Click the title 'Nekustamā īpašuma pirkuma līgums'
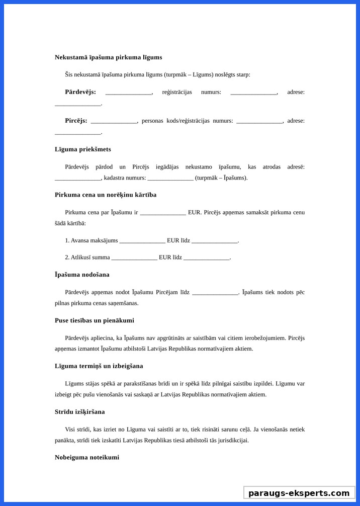108,57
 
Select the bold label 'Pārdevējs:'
80,92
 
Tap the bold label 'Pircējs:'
76,121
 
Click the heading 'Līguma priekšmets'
83,149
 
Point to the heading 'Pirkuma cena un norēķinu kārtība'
106,195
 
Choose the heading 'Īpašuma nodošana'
82,275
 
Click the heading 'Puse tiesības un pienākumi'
95,320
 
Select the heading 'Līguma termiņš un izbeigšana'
99,366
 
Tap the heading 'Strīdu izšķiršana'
80,412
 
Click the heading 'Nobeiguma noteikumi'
87,458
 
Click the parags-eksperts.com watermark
299,493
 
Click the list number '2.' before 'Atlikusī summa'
67,258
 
